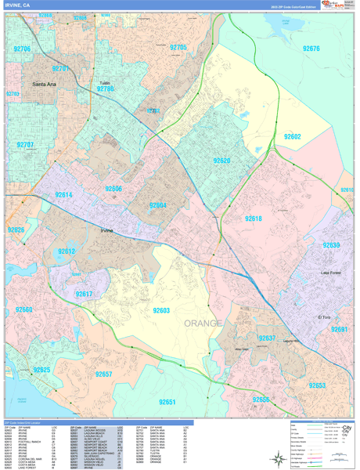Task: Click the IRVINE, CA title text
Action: click(x=19, y=5)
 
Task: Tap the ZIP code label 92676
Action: click(x=310, y=49)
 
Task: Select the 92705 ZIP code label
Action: click(x=178, y=48)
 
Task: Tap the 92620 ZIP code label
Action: click(x=222, y=161)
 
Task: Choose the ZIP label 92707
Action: click(x=25, y=145)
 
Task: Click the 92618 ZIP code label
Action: click(x=253, y=219)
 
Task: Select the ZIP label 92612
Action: click(x=66, y=251)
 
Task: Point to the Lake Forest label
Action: click(x=331, y=273)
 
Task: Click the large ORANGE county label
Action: click(x=203, y=323)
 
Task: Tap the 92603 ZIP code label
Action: click(x=161, y=310)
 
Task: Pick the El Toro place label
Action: click(x=325, y=316)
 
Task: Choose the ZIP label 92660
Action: click(x=23, y=310)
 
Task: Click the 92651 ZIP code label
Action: click(x=167, y=401)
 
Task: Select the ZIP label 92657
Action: click(x=103, y=374)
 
